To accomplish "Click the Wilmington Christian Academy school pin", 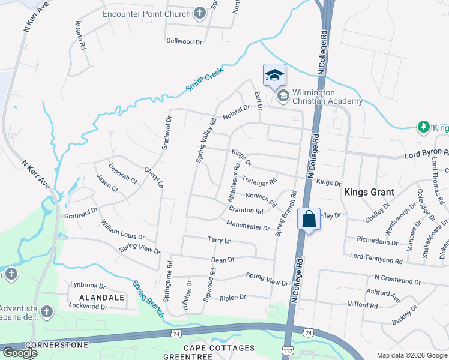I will pos(274,75).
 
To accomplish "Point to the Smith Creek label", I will pos(204,79).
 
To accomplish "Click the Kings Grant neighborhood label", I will pos(369,193).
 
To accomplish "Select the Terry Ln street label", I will pos(219,240).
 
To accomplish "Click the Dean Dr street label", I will pos(223,260).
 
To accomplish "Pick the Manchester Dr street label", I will pos(248,226).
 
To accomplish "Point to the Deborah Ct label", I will pos(122,173).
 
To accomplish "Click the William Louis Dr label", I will pos(122,230).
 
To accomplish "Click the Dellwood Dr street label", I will pos(185,41).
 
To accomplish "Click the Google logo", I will pos(19,353).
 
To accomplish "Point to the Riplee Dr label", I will pos(233,297).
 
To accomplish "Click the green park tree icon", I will pos(424,127).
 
